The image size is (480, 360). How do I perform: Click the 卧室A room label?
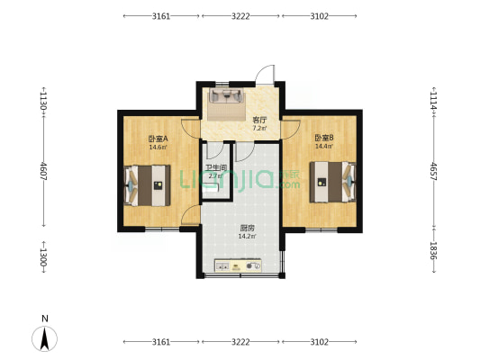tap(158, 139)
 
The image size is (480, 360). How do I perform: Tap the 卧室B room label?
tap(324, 138)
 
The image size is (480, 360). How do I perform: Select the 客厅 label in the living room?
tap(259, 120)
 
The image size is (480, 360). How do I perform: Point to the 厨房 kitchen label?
tap(247, 229)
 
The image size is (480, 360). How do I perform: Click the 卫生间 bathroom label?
tap(216, 168)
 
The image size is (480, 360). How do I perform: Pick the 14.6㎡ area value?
tap(158, 147)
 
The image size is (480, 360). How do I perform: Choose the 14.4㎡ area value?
tap(324, 146)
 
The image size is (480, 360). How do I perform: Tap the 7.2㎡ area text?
tap(259, 128)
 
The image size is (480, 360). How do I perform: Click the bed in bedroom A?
tap(148, 185)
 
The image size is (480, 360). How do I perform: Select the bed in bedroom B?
tap(332, 182)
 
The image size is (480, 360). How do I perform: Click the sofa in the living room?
tap(226, 95)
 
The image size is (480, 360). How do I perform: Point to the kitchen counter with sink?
tap(238, 265)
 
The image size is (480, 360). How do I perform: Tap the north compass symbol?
tap(45, 338)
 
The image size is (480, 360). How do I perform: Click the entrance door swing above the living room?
tap(265, 75)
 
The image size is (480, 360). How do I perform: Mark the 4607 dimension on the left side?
tap(44, 171)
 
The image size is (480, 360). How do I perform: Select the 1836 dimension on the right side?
tap(434, 250)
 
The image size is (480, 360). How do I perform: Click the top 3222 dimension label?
tap(240, 16)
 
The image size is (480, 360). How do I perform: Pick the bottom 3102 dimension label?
tap(320, 342)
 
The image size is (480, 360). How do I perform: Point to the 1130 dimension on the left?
tap(44, 101)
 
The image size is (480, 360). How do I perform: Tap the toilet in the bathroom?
tap(211, 187)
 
